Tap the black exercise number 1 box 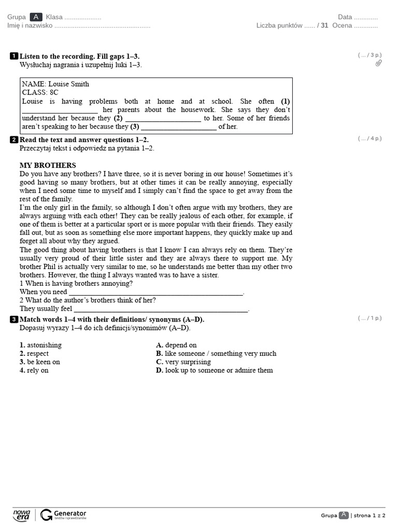coord(14,56)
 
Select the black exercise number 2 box coord(14,140)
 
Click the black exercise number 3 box coord(14,319)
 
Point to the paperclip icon coord(378,63)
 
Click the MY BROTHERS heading coord(48,165)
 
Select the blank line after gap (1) coord(60,111)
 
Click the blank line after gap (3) coord(178,128)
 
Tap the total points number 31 coord(324,25)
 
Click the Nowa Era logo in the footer coord(22,514)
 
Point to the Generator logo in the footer coord(64,514)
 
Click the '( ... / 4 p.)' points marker coord(369,138)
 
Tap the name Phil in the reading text coord(52,267)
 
